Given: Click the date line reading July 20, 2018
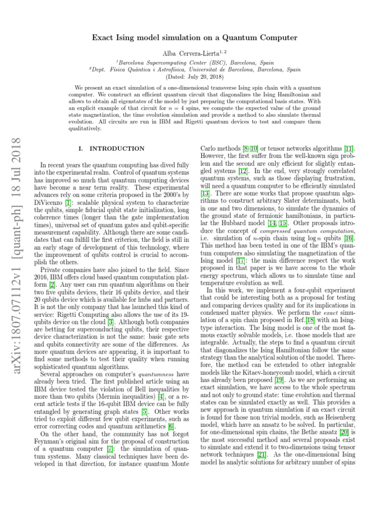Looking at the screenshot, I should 193,76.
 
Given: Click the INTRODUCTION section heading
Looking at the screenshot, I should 116,149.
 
